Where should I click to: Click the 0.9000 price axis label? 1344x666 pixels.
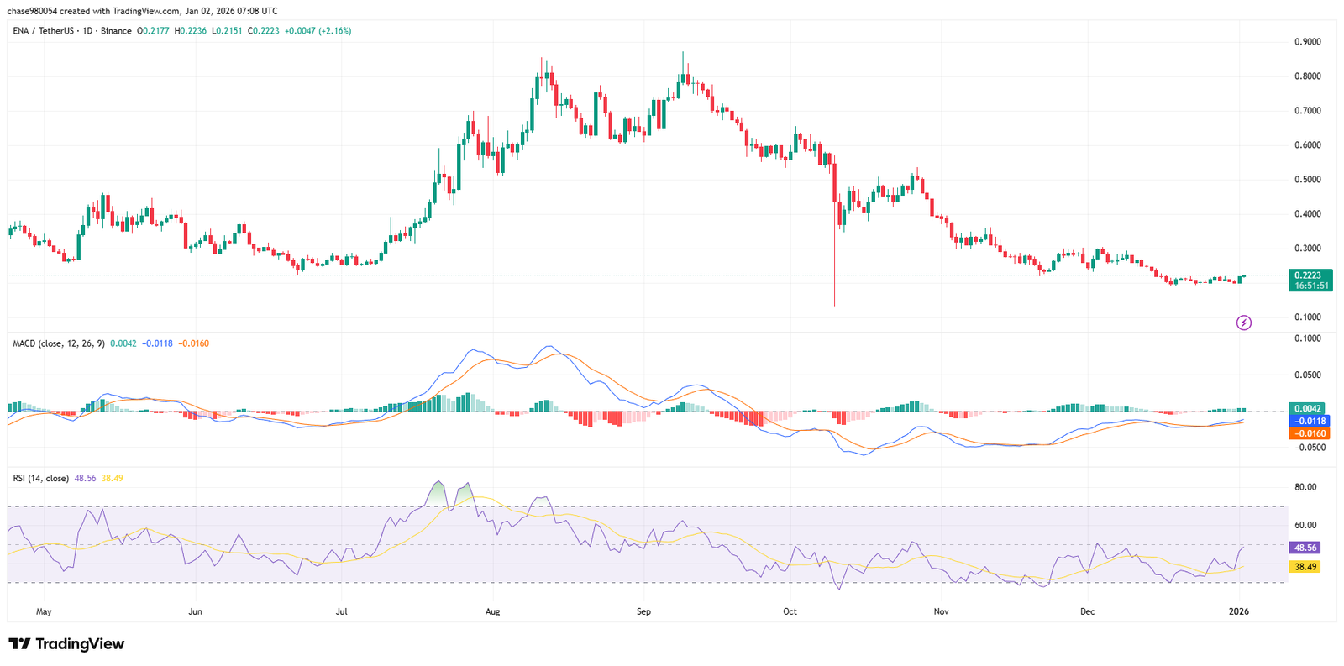tap(1307, 42)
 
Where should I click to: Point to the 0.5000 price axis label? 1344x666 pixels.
tap(1307, 180)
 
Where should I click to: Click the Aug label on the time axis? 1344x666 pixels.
tap(492, 611)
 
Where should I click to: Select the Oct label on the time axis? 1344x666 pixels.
tap(790, 611)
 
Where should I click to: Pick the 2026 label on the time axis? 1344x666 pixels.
tap(1238, 611)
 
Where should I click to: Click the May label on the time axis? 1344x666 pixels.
tap(44, 611)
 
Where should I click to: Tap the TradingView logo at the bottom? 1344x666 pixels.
tap(66, 644)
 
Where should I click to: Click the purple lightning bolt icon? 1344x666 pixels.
tap(1243, 323)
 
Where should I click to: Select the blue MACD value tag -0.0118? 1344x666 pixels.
tap(1310, 422)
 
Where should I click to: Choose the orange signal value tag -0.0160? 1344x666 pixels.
tap(1310, 433)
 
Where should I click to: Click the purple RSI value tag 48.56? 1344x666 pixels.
tap(1305, 548)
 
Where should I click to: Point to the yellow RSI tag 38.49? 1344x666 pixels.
tap(1305, 567)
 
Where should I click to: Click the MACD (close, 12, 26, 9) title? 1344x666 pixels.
tap(59, 343)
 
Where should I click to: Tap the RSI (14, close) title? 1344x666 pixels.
tap(41, 479)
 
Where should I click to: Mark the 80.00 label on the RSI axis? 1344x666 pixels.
tap(1305, 487)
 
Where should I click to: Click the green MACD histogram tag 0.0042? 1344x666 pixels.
tap(1310, 409)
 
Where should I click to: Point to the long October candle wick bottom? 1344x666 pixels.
tap(834, 305)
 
